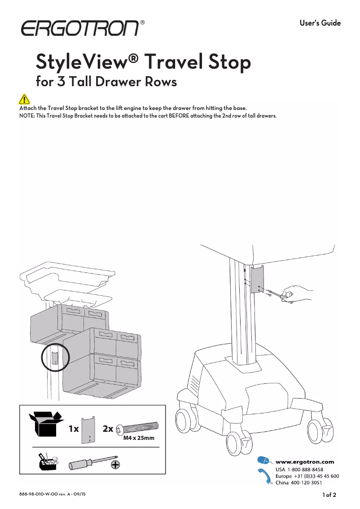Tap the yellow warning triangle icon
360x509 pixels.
pos(24,99)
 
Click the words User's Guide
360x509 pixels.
pos(320,23)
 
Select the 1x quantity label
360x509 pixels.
pos(74,429)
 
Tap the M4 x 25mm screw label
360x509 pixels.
pos(139,438)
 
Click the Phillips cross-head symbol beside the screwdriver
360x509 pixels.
pos(115,465)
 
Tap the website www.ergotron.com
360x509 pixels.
pos(305,461)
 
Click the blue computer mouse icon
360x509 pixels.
pos(264,461)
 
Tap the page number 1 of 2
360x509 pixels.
pos(329,495)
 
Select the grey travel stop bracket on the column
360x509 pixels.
pos(257,280)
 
